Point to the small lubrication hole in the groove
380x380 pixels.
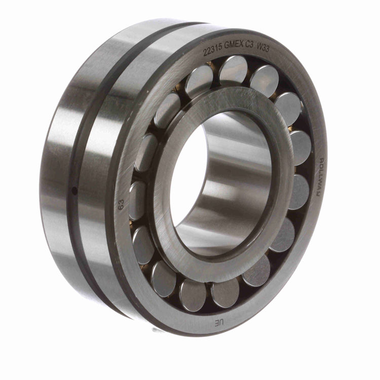coord(75,191)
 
